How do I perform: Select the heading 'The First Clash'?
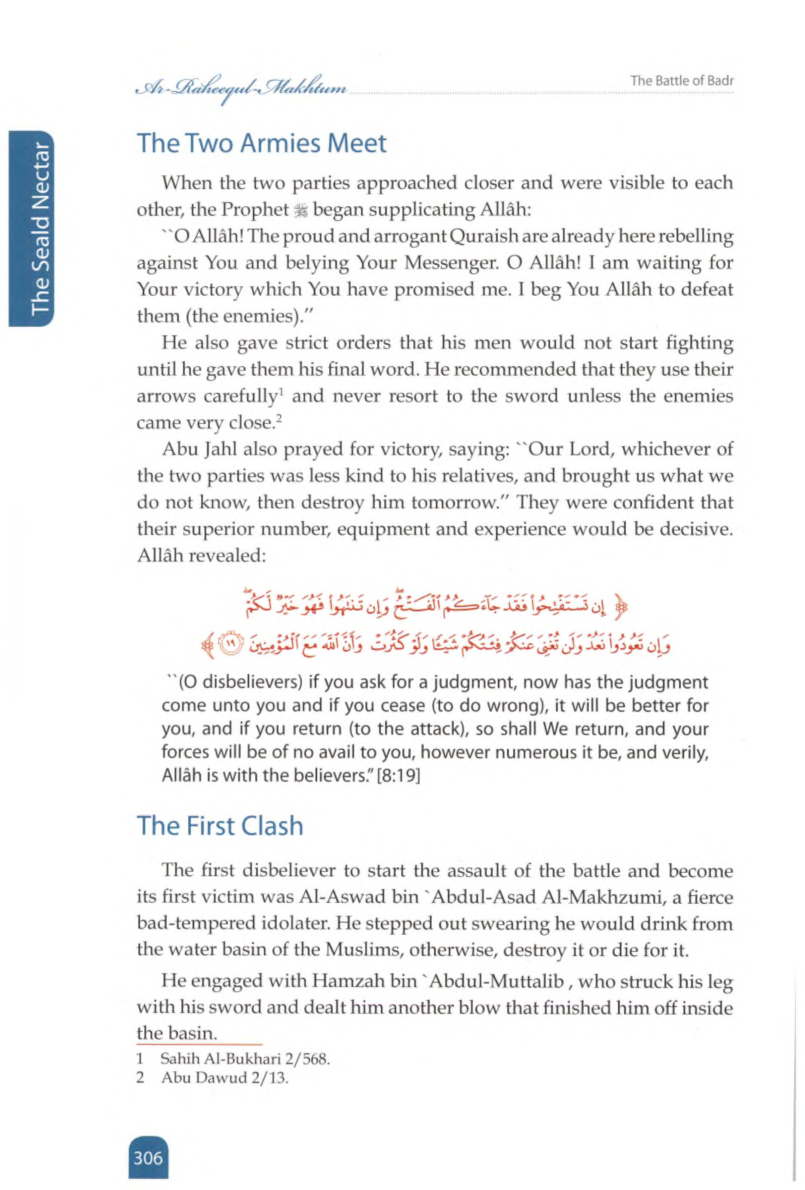[220, 826]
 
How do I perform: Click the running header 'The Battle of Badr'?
[682, 81]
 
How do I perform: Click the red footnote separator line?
[199, 1044]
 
